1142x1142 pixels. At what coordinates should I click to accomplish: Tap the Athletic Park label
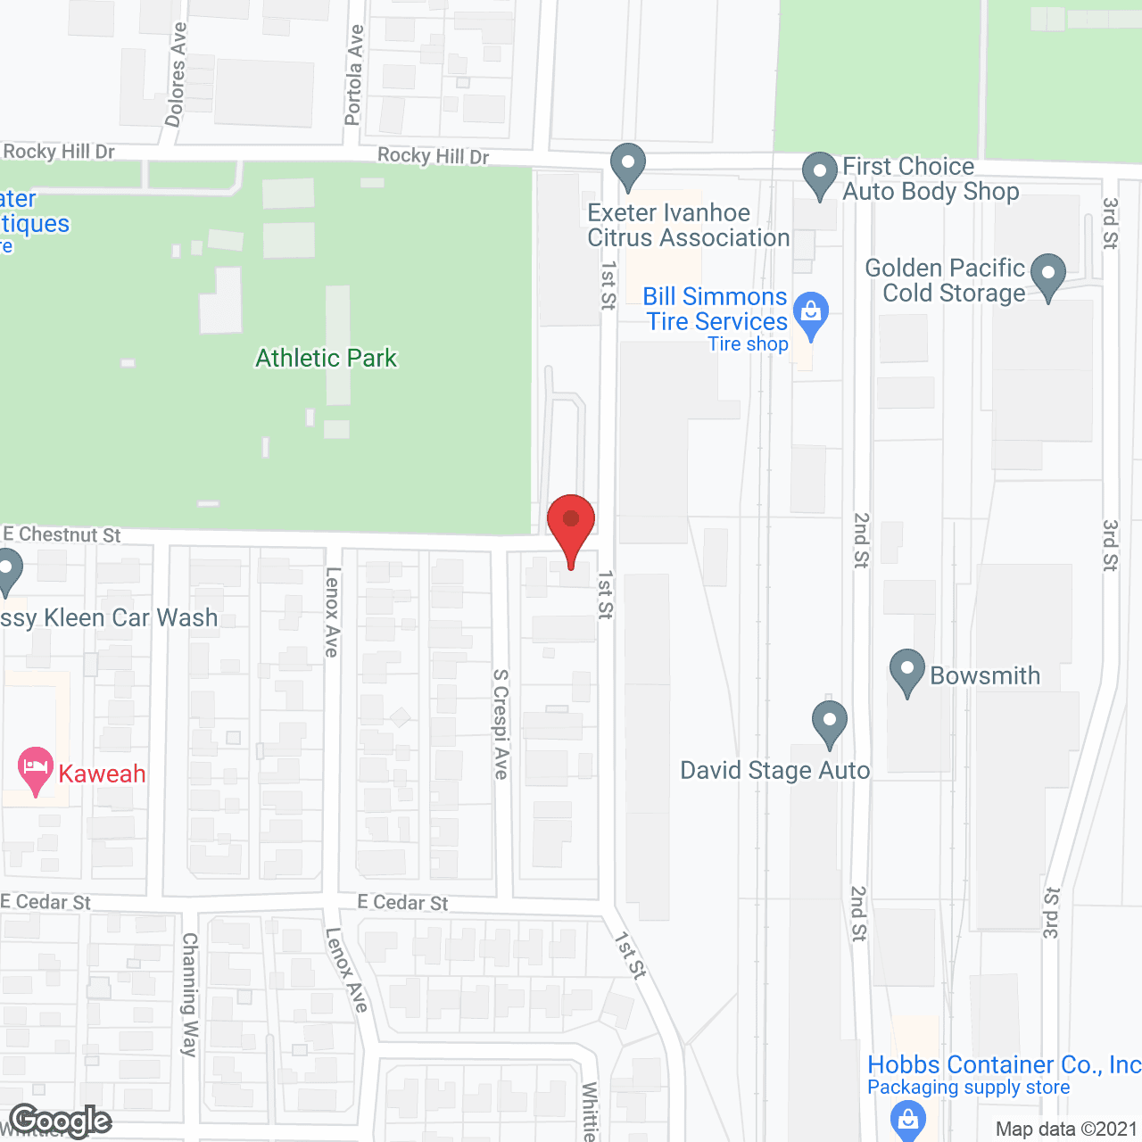pos(326,359)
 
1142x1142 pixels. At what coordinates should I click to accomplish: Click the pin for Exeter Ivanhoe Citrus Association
pos(628,166)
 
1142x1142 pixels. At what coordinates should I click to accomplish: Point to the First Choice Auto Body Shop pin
pos(819,175)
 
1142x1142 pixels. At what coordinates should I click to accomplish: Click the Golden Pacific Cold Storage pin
pos(1047,276)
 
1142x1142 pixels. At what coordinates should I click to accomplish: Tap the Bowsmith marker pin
pos(906,671)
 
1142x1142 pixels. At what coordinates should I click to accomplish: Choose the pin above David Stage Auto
pos(829,723)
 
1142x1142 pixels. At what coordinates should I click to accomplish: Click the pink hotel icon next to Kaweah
pos(36,770)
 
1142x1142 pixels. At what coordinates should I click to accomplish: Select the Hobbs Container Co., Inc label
pos(1004,1064)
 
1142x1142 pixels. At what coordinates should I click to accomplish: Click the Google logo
pos(61,1121)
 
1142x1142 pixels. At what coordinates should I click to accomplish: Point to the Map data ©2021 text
pos(1066,1130)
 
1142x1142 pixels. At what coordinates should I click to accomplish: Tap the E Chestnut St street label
pos(62,534)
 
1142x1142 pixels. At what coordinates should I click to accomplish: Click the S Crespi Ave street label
pos(501,724)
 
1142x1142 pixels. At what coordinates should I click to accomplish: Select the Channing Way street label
pos(189,994)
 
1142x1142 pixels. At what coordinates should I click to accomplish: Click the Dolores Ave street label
pos(177,74)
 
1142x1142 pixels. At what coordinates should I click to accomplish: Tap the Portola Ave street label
pos(354,75)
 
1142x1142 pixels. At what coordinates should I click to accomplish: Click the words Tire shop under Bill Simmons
pos(748,344)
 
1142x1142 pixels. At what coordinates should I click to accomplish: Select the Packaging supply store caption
pos(968,1088)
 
